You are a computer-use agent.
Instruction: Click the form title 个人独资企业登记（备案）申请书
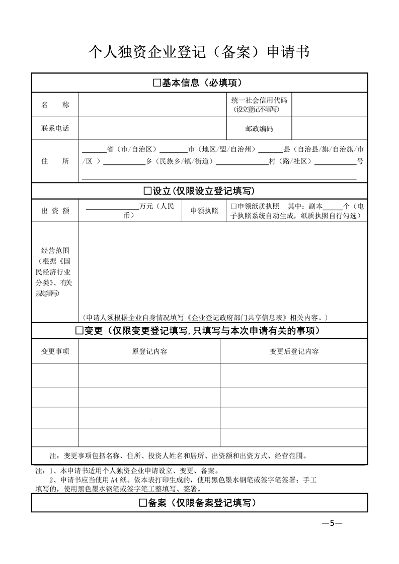(x=199, y=52)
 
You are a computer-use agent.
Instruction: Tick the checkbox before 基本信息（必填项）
(x=156, y=83)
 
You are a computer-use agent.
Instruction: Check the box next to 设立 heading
(x=147, y=191)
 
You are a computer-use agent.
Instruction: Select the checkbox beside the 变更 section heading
(x=79, y=331)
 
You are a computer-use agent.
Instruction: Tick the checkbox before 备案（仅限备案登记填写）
(x=142, y=503)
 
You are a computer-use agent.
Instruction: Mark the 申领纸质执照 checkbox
(x=233, y=207)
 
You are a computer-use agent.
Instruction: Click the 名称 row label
(x=55, y=105)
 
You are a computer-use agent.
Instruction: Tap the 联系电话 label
(x=55, y=128)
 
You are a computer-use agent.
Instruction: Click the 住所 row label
(x=55, y=161)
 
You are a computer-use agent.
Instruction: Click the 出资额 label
(x=55, y=211)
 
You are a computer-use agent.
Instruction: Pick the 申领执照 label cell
(x=204, y=211)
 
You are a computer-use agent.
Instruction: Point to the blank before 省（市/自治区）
(x=94, y=150)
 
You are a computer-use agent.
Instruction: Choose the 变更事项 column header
(x=55, y=351)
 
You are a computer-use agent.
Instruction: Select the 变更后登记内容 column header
(x=294, y=351)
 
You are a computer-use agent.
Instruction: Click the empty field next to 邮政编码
(x=330, y=129)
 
